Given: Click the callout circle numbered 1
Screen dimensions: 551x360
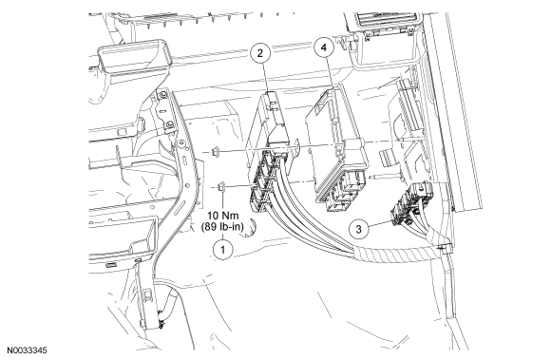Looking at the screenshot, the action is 223,250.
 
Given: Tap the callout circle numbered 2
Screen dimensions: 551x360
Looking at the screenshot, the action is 260,53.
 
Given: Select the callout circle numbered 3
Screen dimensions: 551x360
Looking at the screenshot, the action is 358,229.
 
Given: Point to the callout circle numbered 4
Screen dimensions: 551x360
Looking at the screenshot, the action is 324,47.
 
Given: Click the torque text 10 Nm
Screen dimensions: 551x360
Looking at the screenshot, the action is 223,216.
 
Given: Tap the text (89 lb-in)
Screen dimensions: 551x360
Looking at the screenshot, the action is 222,226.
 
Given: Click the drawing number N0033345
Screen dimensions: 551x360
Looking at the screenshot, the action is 28,351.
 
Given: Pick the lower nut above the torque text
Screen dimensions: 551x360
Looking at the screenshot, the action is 221,186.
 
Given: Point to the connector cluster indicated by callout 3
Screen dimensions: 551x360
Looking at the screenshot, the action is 411,205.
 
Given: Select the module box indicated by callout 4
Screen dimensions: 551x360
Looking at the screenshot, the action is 337,147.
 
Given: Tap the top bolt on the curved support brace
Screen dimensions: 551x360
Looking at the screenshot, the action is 162,95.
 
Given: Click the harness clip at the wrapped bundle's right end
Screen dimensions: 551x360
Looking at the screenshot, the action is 444,248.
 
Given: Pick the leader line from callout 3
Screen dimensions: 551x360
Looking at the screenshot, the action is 380,224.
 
